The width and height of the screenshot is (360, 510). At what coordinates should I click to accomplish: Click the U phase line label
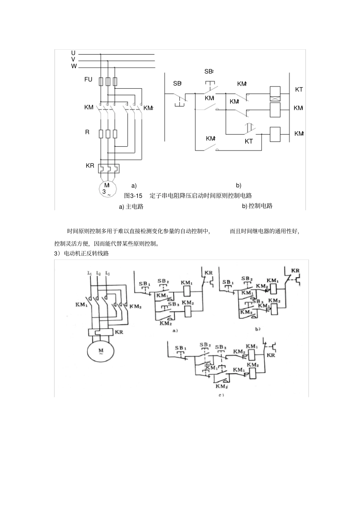pyautogui.click(x=73, y=53)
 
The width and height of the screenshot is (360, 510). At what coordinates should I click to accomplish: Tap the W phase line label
pyautogui.click(x=74, y=66)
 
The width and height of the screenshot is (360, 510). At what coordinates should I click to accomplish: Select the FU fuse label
pyautogui.click(x=88, y=79)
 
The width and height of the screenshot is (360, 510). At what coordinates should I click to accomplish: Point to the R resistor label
pyautogui.click(x=87, y=132)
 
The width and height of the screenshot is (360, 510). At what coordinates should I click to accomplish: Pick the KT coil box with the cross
pyautogui.click(x=275, y=94)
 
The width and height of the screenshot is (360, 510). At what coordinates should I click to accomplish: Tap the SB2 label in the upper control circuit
pyautogui.click(x=209, y=71)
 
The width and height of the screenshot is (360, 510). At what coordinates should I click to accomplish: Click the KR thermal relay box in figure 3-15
pyautogui.click(x=108, y=168)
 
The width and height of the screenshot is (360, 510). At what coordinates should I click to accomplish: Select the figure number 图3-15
pyautogui.click(x=133, y=196)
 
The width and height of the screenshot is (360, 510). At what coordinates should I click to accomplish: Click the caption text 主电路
pyautogui.click(x=135, y=207)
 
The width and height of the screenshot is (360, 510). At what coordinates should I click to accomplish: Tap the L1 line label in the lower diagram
pyautogui.click(x=89, y=273)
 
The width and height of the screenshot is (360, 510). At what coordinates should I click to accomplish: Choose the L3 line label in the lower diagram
pyautogui.click(x=108, y=273)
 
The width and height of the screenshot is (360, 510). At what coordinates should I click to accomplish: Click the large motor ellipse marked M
pyautogui.click(x=101, y=351)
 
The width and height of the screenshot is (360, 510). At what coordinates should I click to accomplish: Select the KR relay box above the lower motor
pyautogui.click(x=101, y=332)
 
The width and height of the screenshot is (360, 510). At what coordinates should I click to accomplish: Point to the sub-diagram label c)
pyautogui.click(x=221, y=395)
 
